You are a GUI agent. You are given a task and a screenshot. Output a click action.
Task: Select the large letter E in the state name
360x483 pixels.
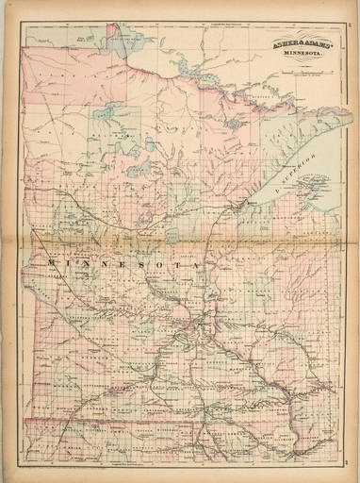tap(120, 263)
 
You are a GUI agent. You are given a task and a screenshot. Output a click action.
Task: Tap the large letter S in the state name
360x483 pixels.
tap(141, 265)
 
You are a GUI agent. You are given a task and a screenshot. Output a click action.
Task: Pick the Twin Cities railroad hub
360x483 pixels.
tap(195, 330)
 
